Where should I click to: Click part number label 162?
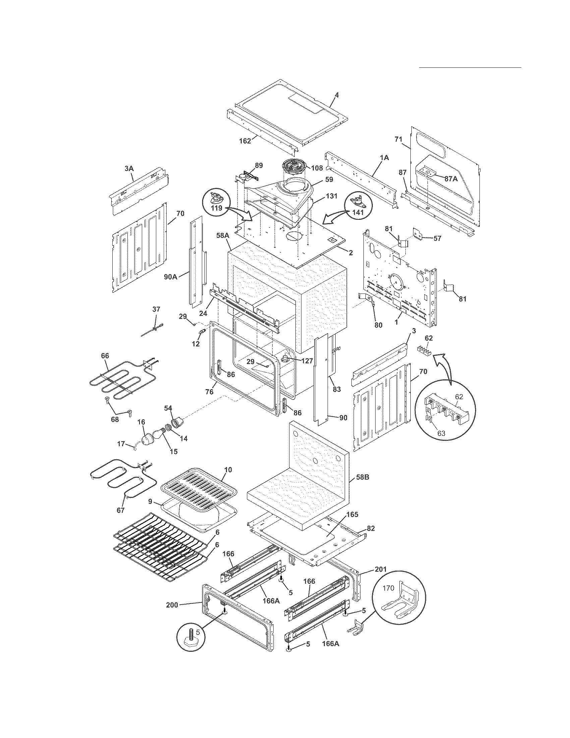point(245,141)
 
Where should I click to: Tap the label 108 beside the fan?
point(317,168)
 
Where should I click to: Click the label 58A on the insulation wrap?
point(223,235)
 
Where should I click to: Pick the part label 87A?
point(451,179)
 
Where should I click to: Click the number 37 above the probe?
point(156,309)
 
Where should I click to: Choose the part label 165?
point(352,515)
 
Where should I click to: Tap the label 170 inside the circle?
point(388,588)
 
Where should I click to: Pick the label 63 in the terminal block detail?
point(441,433)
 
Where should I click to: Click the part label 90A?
point(171,277)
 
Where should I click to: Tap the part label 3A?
point(128,168)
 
